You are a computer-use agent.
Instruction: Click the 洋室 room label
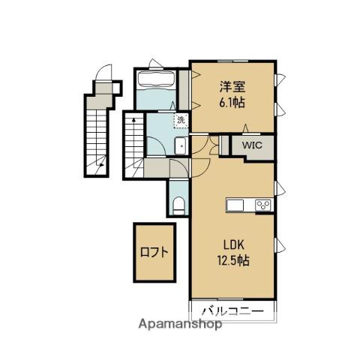[232, 87]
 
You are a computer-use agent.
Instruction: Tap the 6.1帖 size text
[232, 103]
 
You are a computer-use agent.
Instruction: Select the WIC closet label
[252, 145]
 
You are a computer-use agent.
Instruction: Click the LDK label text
[233, 245]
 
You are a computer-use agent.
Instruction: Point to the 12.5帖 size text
[233, 261]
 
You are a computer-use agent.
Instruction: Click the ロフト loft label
[154, 252]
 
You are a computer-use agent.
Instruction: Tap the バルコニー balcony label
[232, 311]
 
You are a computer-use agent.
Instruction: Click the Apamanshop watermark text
[180, 324]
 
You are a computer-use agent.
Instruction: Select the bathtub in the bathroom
[157, 79]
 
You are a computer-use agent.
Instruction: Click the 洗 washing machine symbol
[181, 120]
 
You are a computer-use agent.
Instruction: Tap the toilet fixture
[178, 205]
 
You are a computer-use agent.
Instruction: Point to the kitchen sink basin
[235, 205]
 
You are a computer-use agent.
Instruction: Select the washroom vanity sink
[181, 146]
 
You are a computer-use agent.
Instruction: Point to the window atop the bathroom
[156, 67]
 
